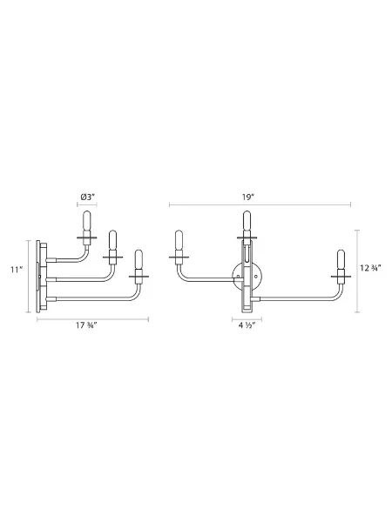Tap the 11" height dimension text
pos(16,270)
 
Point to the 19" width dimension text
pos(250,197)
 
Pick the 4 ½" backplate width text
pos(248,327)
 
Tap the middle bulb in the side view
pos(111,241)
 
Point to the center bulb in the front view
pos(247,222)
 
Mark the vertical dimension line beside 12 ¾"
pos(356,271)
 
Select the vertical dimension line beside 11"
pos(27,271)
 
